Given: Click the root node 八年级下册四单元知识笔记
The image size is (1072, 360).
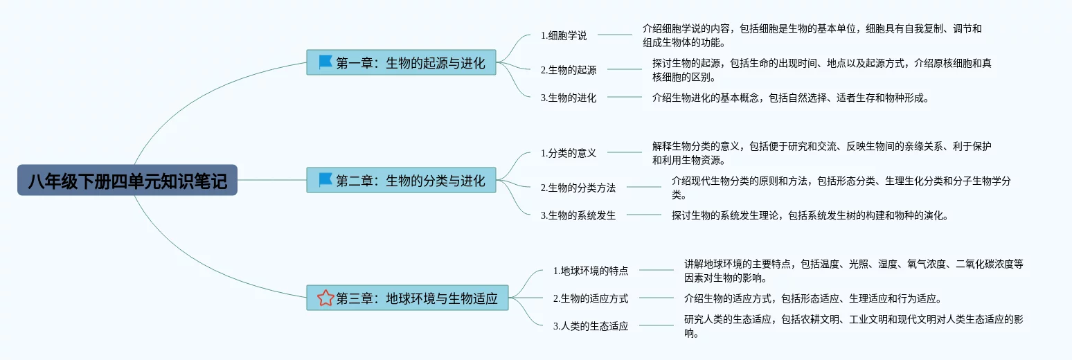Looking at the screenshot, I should coord(127,180).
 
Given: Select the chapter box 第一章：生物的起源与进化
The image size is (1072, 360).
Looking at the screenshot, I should coord(401,63).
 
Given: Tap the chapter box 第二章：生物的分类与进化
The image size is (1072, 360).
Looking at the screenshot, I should coord(401,180).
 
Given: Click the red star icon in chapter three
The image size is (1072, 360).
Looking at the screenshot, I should coord(325,298).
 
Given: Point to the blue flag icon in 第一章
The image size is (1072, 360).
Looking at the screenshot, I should coord(325,62).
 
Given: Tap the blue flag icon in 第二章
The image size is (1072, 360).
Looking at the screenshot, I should coord(325,180).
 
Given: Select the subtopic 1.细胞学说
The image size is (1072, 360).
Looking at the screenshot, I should coord(563,35).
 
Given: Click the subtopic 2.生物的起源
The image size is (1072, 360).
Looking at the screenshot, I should coord(568,69).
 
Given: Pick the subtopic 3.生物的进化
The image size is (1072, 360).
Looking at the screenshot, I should coord(568,98).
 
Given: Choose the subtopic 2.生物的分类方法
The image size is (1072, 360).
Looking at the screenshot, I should coord(578,187).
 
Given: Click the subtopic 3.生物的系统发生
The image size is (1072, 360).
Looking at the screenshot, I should coord(578,215).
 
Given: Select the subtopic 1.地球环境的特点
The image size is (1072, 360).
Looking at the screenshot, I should coord(591,271).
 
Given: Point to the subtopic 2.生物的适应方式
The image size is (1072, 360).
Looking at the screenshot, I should coord(591,298).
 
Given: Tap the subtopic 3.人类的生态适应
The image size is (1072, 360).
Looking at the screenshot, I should coord(591,326).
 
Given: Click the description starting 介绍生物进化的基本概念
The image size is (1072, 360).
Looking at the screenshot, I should coord(789,98).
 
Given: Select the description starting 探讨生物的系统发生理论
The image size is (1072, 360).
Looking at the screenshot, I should coord(809,215).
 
